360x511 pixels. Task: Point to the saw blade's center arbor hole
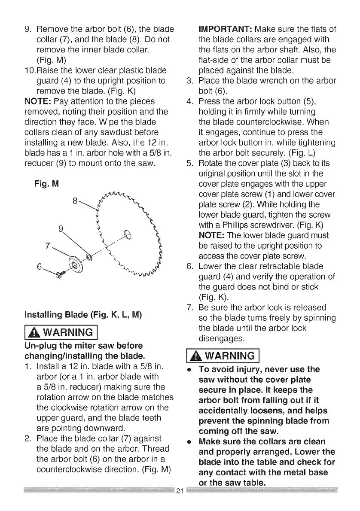click(x=128, y=235)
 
